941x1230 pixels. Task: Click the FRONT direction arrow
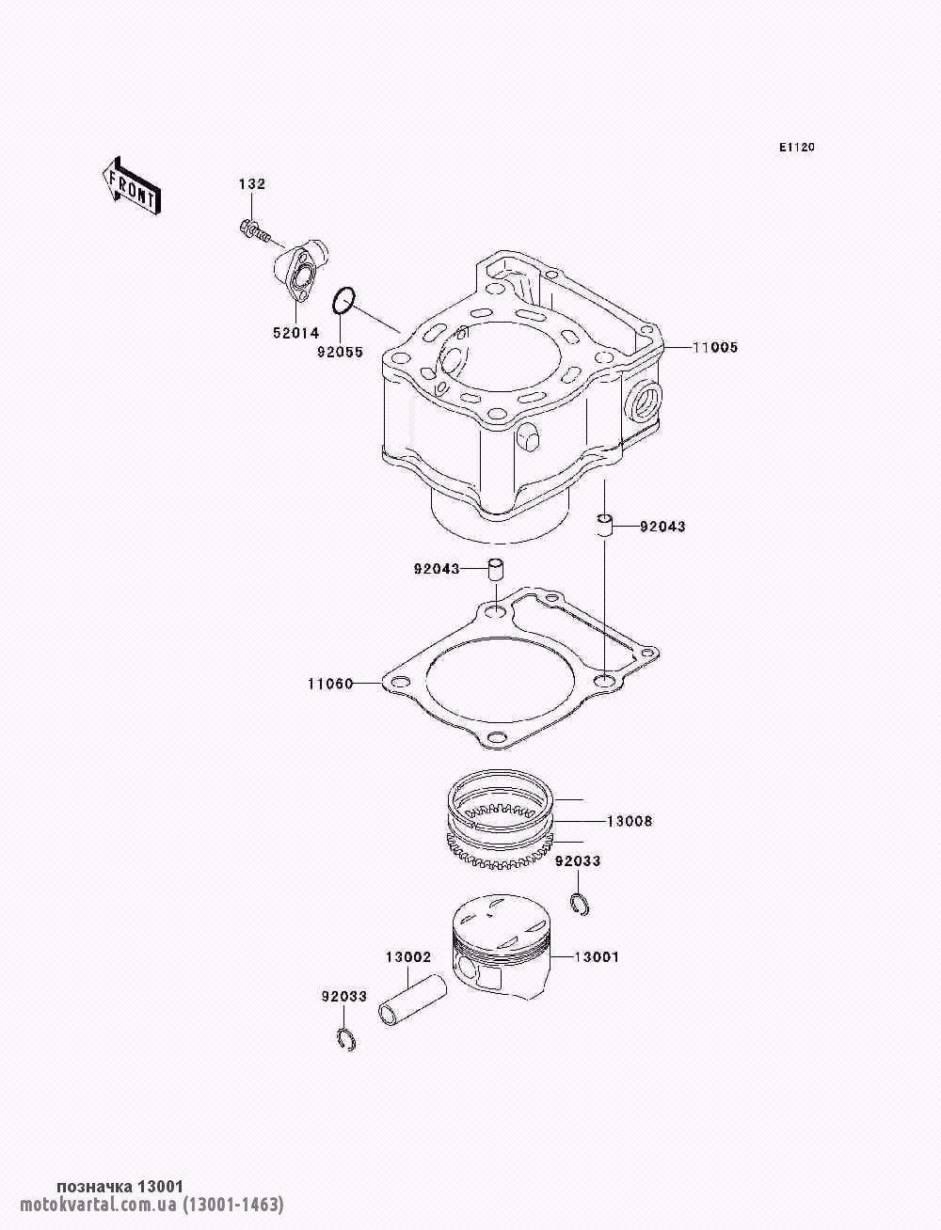pyautogui.click(x=132, y=185)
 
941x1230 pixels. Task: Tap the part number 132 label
pyautogui.click(x=252, y=183)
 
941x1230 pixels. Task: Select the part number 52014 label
pyautogui.click(x=295, y=333)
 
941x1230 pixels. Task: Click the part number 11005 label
pyautogui.click(x=715, y=347)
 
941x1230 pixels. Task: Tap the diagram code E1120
pyautogui.click(x=796, y=148)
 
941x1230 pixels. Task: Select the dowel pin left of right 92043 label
pyautogui.click(x=604, y=526)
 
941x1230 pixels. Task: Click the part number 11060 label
pyautogui.click(x=329, y=684)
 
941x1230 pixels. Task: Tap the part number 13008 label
pyautogui.click(x=630, y=822)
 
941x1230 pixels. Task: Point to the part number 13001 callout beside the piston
pyautogui.click(x=597, y=957)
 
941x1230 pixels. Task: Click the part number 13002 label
pyautogui.click(x=407, y=957)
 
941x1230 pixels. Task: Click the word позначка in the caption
pyautogui.click(x=94, y=1187)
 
